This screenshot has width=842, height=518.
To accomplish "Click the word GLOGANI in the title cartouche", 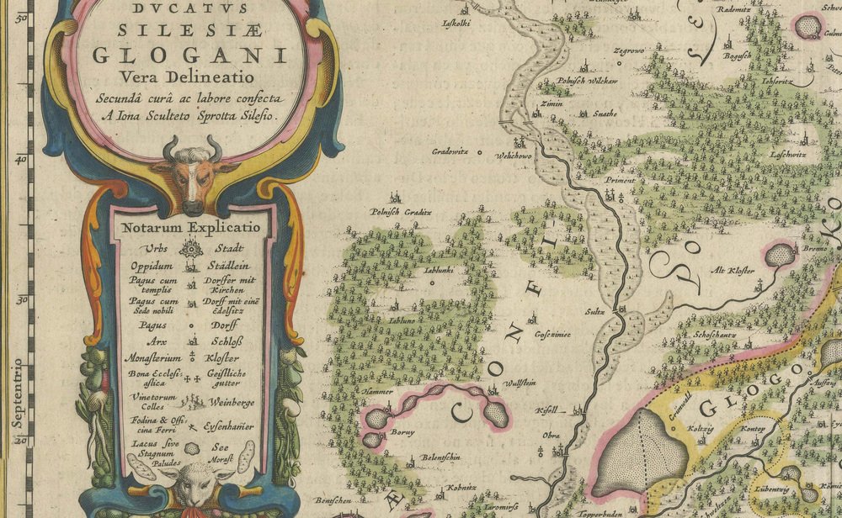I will pyautogui.click(x=189, y=55).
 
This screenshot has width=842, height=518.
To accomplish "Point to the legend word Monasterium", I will pyautogui.click(x=150, y=357).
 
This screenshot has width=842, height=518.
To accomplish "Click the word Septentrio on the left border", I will pyautogui.click(x=16, y=392).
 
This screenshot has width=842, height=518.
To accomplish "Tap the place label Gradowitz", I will pyautogui.click(x=450, y=152).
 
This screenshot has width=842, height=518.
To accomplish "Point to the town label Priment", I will pyautogui.click(x=619, y=179).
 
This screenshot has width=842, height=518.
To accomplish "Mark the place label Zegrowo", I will pyautogui.click(x=628, y=51).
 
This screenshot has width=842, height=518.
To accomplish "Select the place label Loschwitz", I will pyautogui.click(x=787, y=155).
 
